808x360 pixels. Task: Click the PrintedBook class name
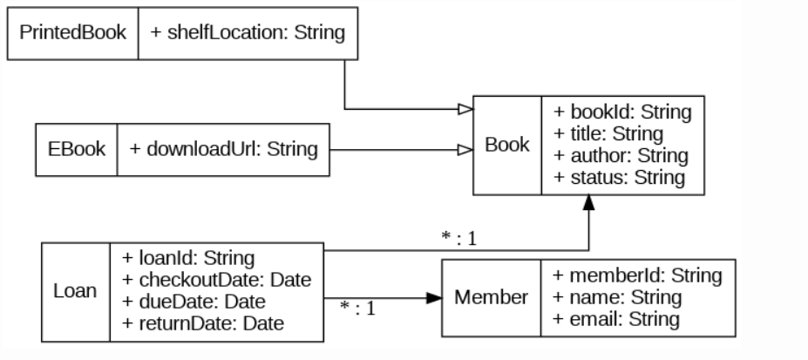point(73,33)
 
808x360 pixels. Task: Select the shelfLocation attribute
point(248,33)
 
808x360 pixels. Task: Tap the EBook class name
point(76,149)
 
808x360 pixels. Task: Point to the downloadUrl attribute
point(224,149)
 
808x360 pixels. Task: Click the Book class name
point(507,145)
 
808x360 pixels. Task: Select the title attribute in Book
point(608,134)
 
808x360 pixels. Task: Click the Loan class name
point(76,291)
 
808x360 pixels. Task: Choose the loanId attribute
point(187,258)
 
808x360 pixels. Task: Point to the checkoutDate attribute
point(216,280)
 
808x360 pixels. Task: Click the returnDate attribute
point(203,324)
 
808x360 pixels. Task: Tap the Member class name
point(491,297)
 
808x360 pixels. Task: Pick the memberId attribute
point(637,275)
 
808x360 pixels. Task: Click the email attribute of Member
point(616,319)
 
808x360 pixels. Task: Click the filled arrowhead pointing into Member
point(434,298)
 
